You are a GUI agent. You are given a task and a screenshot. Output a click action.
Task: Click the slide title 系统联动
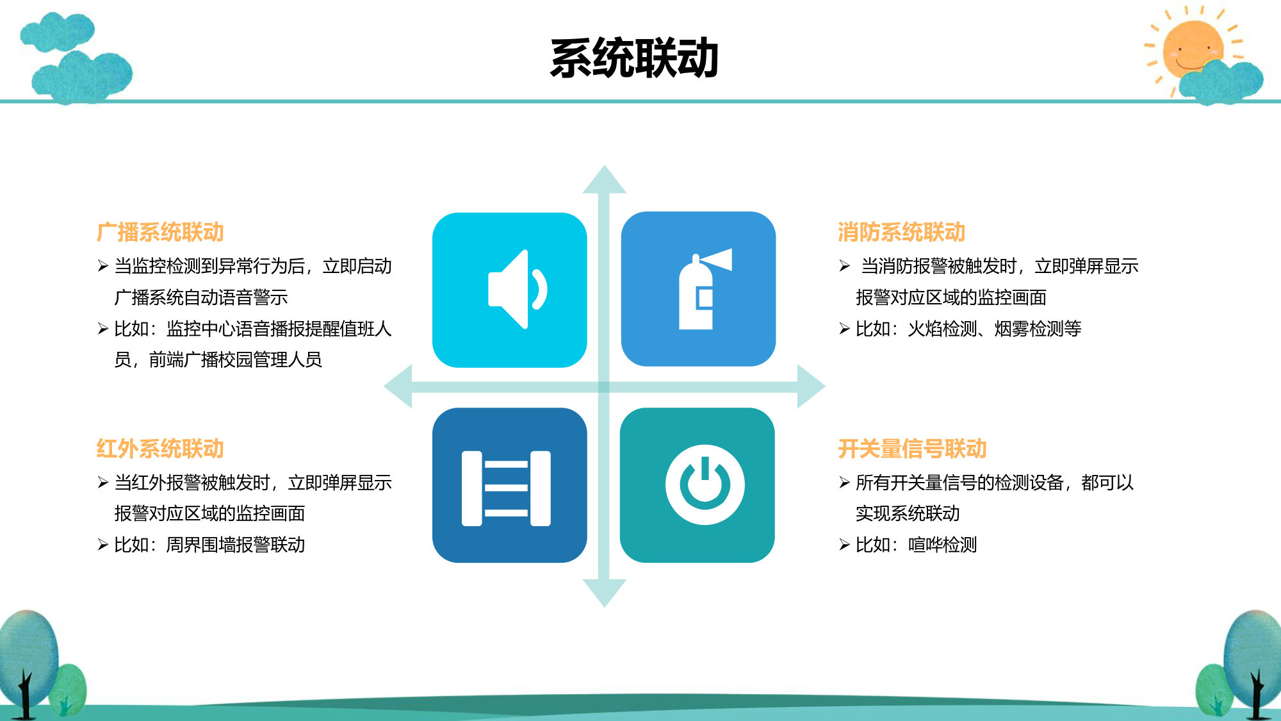pos(634,58)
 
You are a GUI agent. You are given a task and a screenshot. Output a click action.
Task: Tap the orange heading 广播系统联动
pos(160,232)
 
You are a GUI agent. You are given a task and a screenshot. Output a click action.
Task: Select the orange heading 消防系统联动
pos(901,232)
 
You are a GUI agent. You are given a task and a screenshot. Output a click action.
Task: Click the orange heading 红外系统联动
pos(160,449)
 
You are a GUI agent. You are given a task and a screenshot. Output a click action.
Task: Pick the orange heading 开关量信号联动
pos(912,449)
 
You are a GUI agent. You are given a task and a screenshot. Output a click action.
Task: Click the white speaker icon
pos(518,289)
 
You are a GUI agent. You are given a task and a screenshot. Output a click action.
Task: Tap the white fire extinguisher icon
pos(705,289)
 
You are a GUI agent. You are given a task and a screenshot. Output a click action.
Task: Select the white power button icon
pos(705,485)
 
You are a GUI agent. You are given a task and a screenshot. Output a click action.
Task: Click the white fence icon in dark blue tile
pos(506,488)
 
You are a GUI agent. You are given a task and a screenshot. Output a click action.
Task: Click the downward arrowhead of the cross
pos(604,592)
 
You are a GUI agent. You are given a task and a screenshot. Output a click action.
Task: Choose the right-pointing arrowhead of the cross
pos(811,386)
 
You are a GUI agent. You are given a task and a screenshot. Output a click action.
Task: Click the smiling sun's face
pos(1192,48)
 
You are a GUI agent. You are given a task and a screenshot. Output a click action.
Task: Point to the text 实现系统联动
pos(908,513)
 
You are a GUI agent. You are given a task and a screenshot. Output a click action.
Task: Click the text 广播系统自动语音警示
pos(201,297)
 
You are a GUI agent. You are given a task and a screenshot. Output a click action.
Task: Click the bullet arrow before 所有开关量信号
pos(844,483)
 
